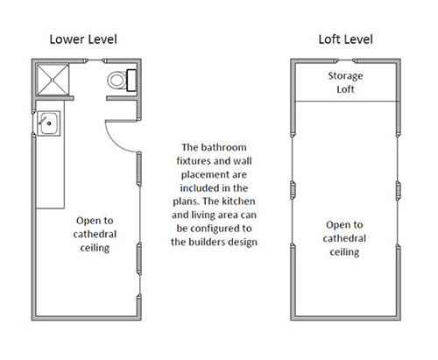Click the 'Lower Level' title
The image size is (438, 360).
(83, 39)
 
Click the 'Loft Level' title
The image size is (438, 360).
(345, 39)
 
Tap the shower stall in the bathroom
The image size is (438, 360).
(53, 80)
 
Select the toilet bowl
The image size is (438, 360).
(117, 80)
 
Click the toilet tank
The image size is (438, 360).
(131, 80)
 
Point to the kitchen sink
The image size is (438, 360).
(48, 124)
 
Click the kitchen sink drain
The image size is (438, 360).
(49, 124)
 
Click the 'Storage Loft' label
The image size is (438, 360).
(345, 82)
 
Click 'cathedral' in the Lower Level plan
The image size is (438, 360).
(95, 234)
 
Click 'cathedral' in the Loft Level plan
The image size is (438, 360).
(344, 238)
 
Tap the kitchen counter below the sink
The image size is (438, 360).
(50, 173)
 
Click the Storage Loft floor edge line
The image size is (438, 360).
(345, 102)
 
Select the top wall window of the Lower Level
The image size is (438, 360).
(95, 60)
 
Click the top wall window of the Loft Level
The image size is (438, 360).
(346, 60)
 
